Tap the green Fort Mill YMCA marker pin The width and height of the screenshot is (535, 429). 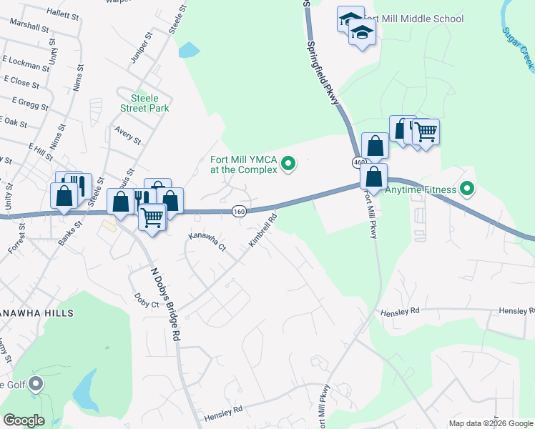(x=289, y=164)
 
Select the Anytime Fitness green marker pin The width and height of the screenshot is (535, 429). (x=468, y=189)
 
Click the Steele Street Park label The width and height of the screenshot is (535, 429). (x=149, y=103)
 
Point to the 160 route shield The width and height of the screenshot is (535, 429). (x=240, y=211)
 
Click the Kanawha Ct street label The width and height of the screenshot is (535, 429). (x=206, y=242)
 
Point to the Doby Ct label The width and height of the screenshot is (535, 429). (x=146, y=302)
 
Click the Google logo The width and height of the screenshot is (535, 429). (x=24, y=420)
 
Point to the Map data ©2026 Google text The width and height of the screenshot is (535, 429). (x=490, y=423)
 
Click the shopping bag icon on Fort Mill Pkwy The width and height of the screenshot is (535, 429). (x=373, y=176)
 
